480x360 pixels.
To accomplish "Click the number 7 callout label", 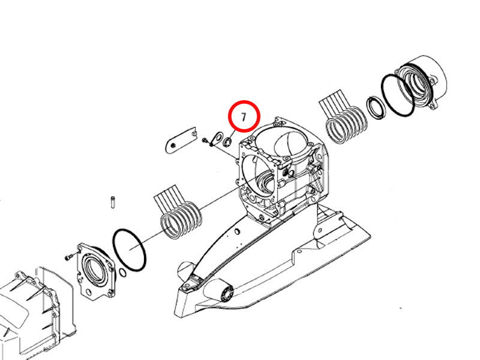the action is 244,117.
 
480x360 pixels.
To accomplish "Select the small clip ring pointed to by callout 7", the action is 227,142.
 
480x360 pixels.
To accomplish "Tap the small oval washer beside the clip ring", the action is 218,138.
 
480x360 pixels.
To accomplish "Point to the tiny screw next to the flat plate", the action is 205,140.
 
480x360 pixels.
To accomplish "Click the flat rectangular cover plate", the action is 181,140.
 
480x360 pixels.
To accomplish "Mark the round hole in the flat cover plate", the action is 173,146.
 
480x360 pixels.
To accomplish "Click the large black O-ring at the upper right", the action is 398,95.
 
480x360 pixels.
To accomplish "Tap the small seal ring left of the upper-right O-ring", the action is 377,107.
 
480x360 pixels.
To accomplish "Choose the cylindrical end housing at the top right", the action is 421,83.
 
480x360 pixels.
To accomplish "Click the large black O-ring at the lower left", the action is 130,250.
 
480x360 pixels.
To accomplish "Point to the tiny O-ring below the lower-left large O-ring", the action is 123,273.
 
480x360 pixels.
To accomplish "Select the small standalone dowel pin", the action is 112,202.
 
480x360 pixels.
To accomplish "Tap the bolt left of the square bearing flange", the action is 69,257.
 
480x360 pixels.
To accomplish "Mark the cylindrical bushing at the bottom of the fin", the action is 226,293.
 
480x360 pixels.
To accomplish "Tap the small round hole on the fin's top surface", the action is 236,231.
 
